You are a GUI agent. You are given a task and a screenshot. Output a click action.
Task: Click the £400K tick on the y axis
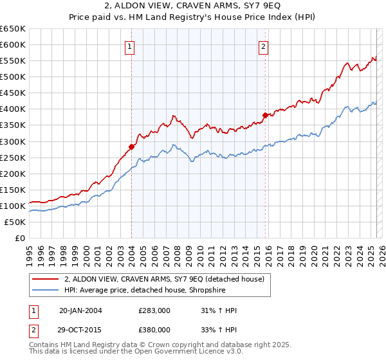pos(14,109)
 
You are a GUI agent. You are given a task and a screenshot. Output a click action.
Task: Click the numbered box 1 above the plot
pos(131,46)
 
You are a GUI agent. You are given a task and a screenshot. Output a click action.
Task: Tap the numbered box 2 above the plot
pos(264,46)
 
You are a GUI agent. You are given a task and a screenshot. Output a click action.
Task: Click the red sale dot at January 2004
pos(131,147)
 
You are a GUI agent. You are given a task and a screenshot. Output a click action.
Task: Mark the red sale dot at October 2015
pos(264,115)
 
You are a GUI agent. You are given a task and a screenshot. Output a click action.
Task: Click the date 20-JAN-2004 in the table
pos(80,310)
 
